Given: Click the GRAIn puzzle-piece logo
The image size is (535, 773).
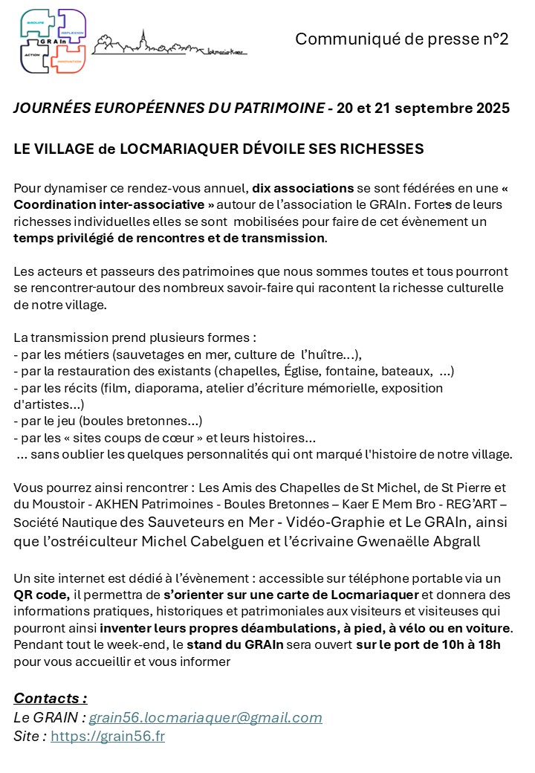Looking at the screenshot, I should pos(53,40).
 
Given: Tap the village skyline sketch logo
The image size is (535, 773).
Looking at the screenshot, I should pos(169,45).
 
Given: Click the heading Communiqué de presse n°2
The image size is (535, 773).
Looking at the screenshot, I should pos(401,39).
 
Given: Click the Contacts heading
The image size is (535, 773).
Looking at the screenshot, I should pos(51,698).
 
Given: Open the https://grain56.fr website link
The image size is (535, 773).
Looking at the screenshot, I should pos(108,737).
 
